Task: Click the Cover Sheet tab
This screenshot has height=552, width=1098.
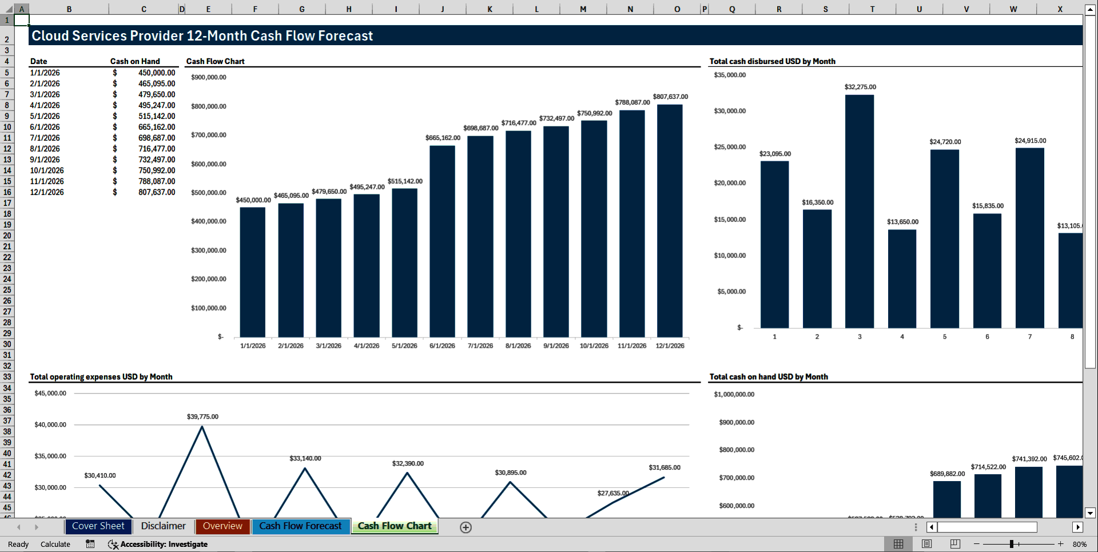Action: coord(98,526)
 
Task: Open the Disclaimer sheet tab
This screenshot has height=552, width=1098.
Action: coord(163,526)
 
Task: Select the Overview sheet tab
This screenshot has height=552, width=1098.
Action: coord(222,526)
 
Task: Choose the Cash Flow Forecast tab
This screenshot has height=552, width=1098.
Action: coord(300,526)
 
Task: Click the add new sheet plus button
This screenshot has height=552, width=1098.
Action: coord(466,527)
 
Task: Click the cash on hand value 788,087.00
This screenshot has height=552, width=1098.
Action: coord(157,181)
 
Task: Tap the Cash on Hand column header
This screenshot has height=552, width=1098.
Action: coord(135,61)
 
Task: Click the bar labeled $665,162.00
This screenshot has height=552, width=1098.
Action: coord(442,240)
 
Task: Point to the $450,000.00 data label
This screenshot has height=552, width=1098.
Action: coord(253,200)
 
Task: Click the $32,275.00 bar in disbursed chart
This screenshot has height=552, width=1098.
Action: coord(860,212)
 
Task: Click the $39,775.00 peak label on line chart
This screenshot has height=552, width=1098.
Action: coord(202,416)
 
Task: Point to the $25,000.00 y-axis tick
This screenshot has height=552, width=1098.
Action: coord(730,147)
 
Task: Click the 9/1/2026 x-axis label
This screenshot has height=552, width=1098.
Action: coord(556,346)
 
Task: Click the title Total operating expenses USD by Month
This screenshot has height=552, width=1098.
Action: coord(101,377)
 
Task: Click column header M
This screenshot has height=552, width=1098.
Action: coord(583,9)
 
